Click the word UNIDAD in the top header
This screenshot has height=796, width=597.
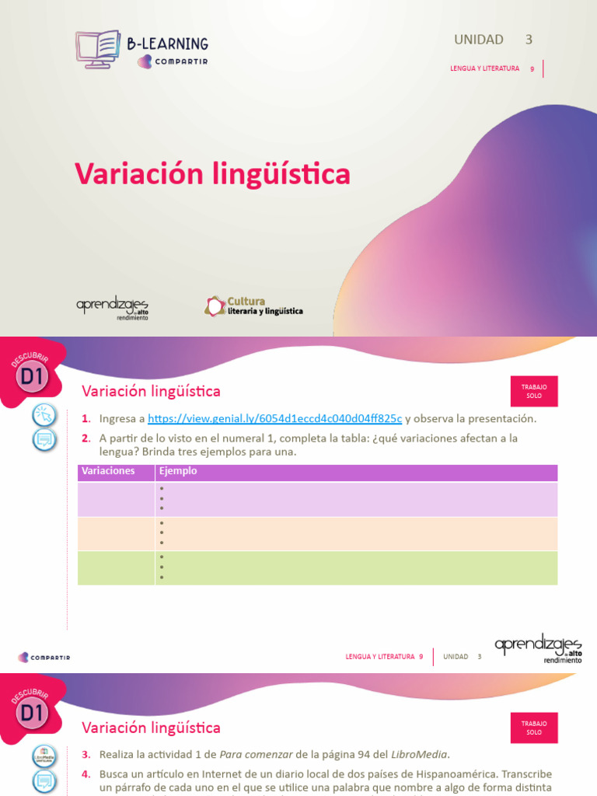[x=479, y=40]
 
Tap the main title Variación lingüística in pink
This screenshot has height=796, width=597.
[x=212, y=174]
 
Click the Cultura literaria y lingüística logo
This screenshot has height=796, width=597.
[x=253, y=305]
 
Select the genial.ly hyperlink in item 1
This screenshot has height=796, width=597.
[x=274, y=418]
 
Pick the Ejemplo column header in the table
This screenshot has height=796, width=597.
[x=178, y=471]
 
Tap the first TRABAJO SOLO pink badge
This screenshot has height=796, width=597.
[x=534, y=391]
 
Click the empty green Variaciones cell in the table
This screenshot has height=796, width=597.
[x=116, y=568]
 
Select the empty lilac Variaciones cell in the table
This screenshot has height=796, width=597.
[x=116, y=499]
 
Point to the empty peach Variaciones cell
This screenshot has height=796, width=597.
[x=116, y=534]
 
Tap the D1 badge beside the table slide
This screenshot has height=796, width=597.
[x=33, y=376]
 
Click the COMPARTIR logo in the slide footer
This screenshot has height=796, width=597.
[x=44, y=657]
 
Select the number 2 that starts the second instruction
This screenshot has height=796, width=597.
[x=86, y=438]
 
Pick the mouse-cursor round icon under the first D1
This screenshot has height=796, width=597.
[x=44, y=415]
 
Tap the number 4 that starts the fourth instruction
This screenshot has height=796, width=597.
[x=86, y=774]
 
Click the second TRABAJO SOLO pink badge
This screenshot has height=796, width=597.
[x=534, y=728]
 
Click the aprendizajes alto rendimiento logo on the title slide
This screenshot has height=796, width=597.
[x=112, y=308]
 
